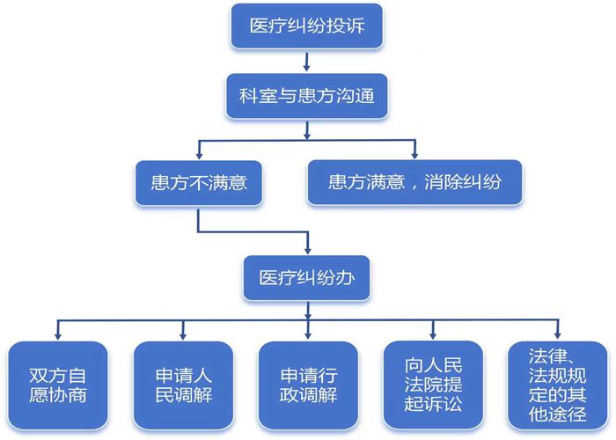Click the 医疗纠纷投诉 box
click(306, 26)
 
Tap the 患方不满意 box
click(197, 183)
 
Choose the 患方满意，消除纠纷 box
click(414, 183)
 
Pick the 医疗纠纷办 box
click(306, 277)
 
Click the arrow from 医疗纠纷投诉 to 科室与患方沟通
click(306, 61)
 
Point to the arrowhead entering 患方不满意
click(197, 154)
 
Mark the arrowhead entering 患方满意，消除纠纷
click(414, 154)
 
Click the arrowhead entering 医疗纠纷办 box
click(306, 249)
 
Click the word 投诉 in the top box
click(363, 26)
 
